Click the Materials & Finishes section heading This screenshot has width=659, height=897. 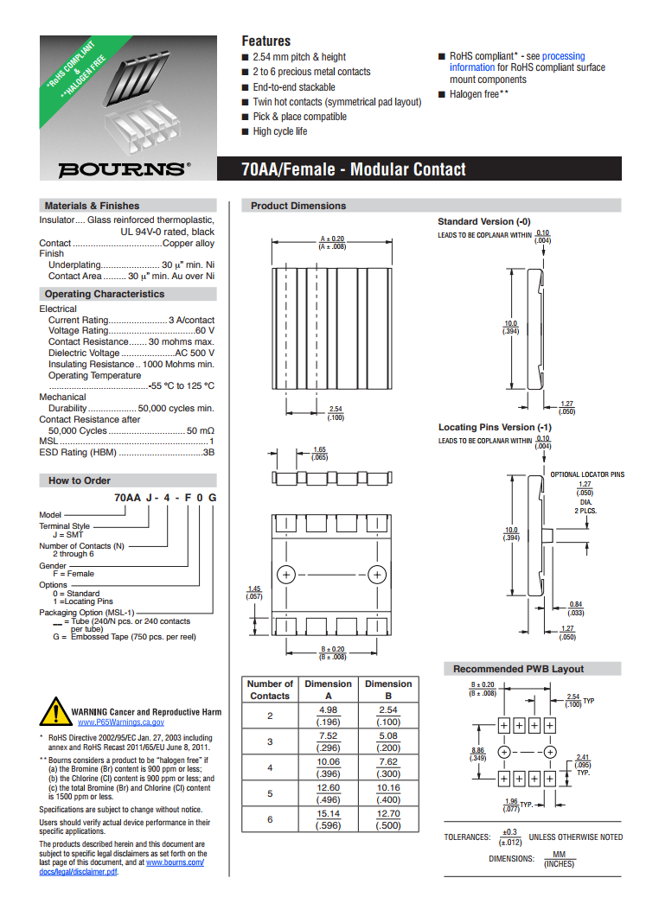point(92,206)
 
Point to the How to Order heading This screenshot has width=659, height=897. point(80,480)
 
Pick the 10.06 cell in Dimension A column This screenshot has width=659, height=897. point(328,762)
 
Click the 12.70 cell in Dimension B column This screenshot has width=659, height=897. point(388,813)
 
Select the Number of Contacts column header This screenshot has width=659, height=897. point(270,690)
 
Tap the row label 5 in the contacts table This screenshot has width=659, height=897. point(270,792)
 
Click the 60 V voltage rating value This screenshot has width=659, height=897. point(205,331)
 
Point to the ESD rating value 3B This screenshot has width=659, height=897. point(208,453)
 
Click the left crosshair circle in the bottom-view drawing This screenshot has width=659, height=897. point(285,575)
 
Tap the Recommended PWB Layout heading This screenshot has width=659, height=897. point(518,669)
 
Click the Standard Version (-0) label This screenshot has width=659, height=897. point(484,222)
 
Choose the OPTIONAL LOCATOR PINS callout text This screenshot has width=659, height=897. point(587,474)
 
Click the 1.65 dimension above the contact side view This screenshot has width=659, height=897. point(319,450)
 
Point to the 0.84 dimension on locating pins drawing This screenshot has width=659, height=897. point(576,604)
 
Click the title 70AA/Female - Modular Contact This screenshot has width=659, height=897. point(354,169)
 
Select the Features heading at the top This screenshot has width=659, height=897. point(266,41)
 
